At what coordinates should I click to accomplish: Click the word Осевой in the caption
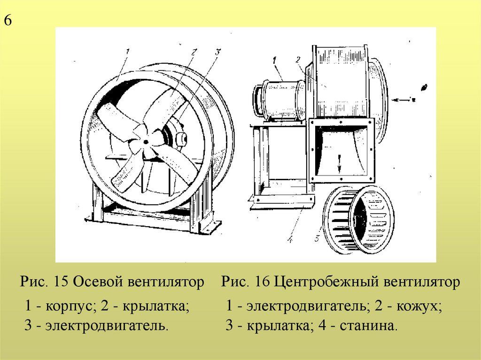(x=100, y=282)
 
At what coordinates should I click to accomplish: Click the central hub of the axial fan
(x=147, y=140)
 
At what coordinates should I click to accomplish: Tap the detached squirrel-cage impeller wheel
(x=359, y=220)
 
